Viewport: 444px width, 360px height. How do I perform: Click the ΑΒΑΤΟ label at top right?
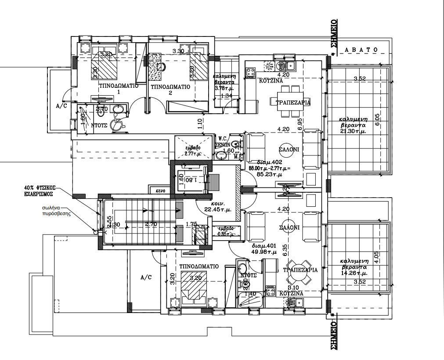coord(361,50)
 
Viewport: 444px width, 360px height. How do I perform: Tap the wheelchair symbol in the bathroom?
coord(116,124)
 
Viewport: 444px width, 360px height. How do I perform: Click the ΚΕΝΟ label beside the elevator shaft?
coord(160,191)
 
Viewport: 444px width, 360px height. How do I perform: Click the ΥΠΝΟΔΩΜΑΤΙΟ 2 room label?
coord(170,90)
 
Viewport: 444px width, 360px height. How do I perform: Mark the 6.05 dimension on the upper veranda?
coord(378,119)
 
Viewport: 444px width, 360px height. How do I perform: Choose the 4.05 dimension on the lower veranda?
coord(378,256)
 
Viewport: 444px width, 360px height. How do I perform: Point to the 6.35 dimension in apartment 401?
coord(285,249)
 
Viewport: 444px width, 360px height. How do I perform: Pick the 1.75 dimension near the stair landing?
coord(191,224)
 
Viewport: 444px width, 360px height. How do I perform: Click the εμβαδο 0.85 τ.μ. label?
coord(226,231)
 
